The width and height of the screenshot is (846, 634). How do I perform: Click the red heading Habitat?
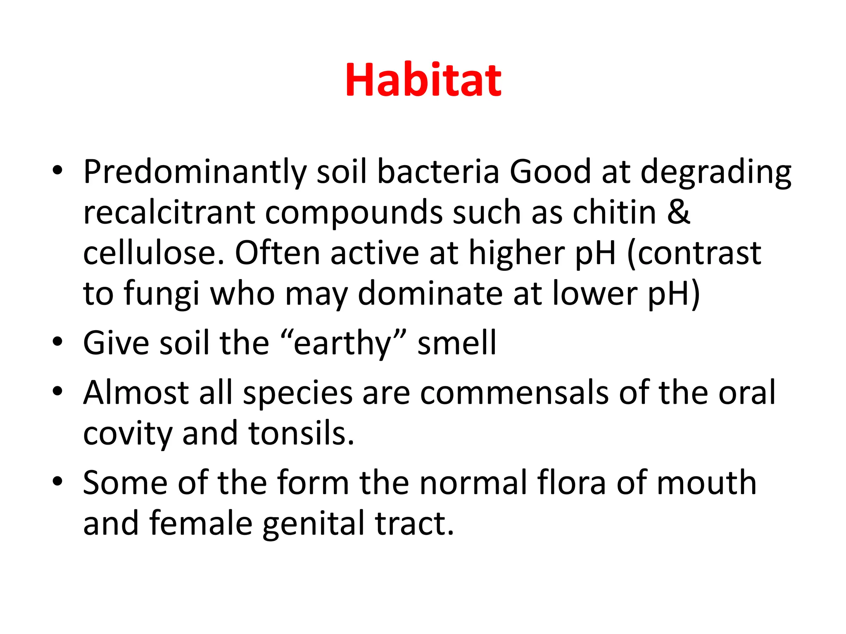pos(423,80)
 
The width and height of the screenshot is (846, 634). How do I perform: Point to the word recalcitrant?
pos(169,212)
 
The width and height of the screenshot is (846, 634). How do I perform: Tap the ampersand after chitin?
pos(678,212)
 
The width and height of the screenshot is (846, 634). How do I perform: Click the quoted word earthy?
pos(342,343)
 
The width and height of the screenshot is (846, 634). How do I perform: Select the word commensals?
pos(514,392)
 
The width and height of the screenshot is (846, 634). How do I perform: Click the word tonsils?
pos(301,433)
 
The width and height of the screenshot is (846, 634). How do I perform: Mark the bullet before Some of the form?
pos(57,481)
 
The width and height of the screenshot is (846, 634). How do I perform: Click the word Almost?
pos(136,392)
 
